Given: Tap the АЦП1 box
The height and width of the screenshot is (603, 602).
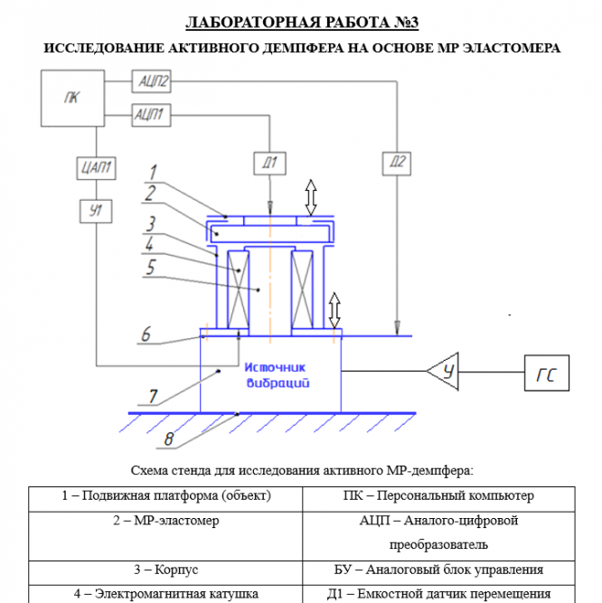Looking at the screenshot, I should (150, 113).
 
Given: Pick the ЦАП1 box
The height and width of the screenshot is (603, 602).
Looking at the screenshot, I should (97, 166).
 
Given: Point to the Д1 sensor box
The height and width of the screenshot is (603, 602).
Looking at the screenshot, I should (270, 163).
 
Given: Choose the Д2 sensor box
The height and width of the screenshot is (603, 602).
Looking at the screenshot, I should (396, 163).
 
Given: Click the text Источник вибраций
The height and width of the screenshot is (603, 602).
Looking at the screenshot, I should (277, 375).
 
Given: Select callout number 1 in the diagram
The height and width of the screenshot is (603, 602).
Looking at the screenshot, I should (154, 170).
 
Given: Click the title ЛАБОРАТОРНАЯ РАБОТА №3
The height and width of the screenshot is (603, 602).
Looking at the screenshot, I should (302, 22).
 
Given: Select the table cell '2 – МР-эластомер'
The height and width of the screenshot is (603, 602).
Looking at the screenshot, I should (165, 521).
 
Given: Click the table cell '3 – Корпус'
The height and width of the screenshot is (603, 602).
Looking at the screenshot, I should (165, 570).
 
